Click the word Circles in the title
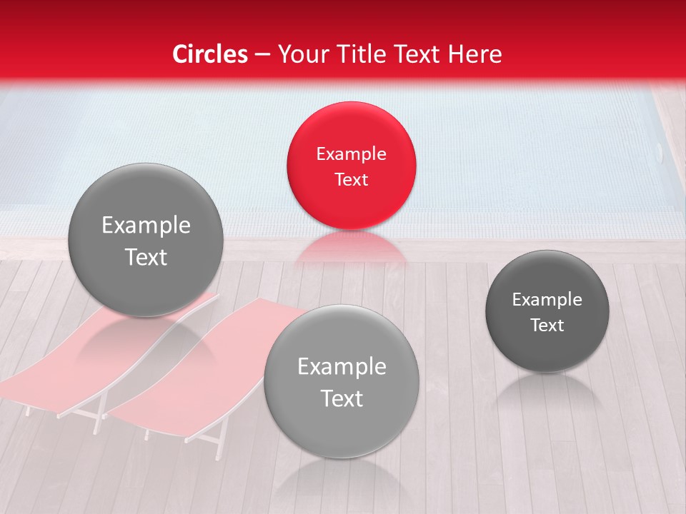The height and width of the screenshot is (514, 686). point(210,54)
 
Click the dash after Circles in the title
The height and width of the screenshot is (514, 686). point(262,55)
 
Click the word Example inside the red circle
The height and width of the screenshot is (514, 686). point(351,153)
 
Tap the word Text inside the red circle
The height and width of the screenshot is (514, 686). point(351,179)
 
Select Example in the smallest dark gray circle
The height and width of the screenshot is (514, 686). point(547,299)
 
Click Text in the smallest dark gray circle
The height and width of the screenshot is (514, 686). point(547,325)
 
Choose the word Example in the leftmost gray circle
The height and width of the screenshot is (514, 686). point(146,225)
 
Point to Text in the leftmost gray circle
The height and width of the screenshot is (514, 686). point(146,257)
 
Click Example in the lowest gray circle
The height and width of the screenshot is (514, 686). point(342,366)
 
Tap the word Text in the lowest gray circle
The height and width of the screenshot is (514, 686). point(342,398)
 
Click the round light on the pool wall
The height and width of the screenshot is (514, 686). point(659,151)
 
